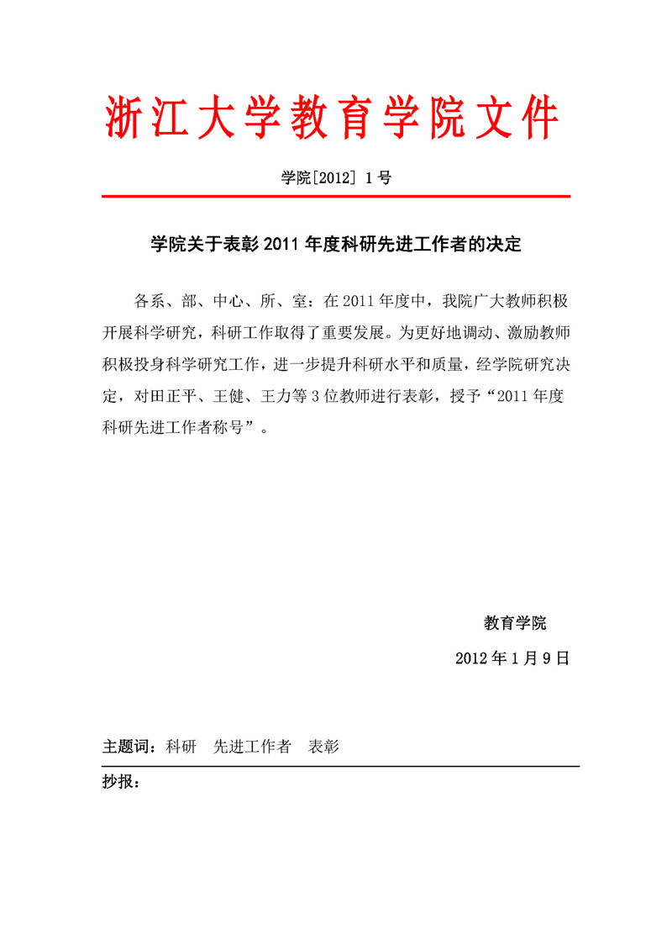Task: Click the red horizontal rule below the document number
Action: click(x=336, y=197)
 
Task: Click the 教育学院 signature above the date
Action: click(x=515, y=623)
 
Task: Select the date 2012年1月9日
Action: click(x=512, y=658)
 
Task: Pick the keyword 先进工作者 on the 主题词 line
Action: click(x=252, y=747)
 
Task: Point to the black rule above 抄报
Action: click(x=340, y=766)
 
